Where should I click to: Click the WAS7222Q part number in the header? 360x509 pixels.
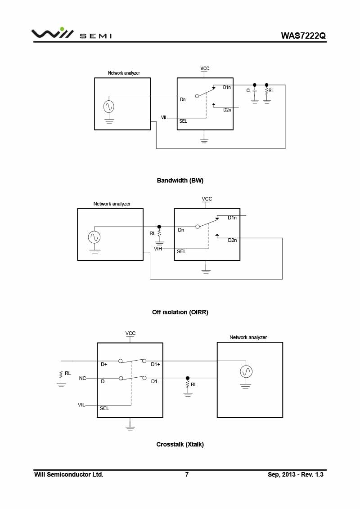point(303,36)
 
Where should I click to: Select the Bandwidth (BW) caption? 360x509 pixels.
point(180,180)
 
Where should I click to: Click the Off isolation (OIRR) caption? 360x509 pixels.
point(180,312)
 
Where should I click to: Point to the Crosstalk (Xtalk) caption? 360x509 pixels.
point(180,444)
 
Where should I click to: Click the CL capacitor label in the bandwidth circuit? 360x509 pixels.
point(249,90)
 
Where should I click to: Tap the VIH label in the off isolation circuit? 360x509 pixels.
point(158,248)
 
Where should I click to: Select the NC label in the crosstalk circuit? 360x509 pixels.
point(82,378)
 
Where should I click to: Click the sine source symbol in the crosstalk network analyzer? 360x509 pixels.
point(246,371)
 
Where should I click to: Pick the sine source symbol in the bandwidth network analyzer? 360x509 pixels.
point(108,107)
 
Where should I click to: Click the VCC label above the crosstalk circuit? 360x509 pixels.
point(130,333)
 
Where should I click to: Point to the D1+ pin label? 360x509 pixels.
point(156,364)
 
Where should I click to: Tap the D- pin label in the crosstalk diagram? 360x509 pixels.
point(103,381)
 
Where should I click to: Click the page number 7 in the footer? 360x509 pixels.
point(187,474)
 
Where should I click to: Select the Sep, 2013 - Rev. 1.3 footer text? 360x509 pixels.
point(296,474)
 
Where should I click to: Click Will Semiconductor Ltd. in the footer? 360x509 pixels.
point(69,474)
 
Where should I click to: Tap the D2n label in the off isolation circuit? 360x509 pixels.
point(232,240)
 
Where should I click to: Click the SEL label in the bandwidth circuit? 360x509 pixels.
point(183,121)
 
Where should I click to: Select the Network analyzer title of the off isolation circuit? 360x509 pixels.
point(112,204)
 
